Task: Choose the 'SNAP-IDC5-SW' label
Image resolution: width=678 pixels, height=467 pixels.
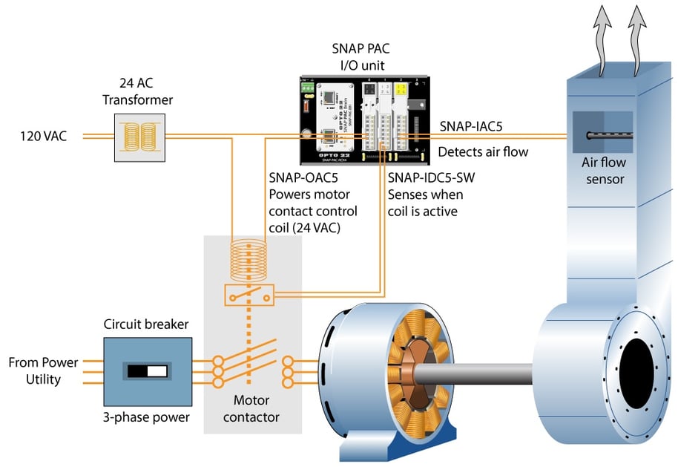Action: [424, 179]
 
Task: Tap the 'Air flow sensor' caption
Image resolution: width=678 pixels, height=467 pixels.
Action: [602, 172]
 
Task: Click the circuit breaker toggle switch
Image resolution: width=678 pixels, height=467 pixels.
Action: [148, 370]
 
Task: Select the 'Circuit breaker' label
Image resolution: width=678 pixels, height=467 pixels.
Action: [146, 324]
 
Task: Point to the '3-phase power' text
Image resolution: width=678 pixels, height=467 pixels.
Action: [146, 417]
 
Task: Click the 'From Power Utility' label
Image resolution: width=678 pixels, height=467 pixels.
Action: [43, 370]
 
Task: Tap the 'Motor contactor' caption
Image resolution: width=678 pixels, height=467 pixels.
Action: [251, 410]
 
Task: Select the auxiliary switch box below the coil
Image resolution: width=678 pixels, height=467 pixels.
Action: [249, 295]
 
